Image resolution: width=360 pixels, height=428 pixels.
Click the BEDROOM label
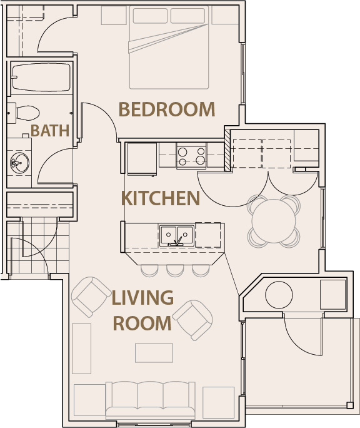(166, 110)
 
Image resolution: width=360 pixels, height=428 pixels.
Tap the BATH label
(50, 131)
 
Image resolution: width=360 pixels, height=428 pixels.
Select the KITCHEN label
(161, 198)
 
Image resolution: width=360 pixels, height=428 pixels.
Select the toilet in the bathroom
(26, 113)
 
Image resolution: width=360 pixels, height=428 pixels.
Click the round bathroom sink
(19, 163)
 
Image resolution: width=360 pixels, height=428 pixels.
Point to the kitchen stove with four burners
(191, 155)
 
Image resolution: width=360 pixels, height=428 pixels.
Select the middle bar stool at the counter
(174, 270)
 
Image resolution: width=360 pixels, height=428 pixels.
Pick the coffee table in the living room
(154, 352)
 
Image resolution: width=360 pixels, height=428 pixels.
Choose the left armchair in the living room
(91, 296)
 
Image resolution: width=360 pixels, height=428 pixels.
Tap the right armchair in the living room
(193, 319)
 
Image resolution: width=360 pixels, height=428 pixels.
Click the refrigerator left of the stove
(142, 158)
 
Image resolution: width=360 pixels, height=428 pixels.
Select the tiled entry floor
(31, 247)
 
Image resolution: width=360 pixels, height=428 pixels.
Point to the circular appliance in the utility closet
(279, 294)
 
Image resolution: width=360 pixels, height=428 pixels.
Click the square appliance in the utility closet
(332, 294)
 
